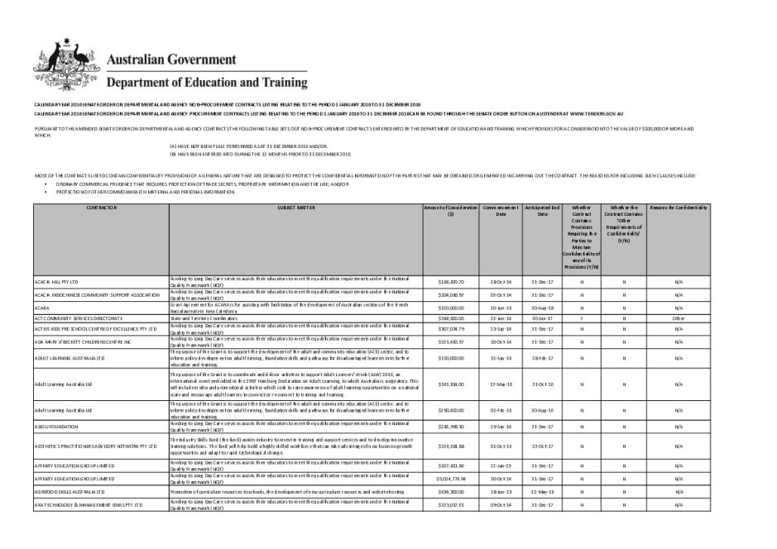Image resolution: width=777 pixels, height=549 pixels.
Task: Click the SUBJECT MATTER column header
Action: click(295, 207)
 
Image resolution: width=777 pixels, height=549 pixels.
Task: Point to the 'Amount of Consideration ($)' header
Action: click(451, 210)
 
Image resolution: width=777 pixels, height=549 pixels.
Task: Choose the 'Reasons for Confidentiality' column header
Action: click(679, 207)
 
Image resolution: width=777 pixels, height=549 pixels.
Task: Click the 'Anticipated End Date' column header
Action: click(542, 210)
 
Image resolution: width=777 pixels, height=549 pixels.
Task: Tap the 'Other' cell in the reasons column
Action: click(679, 317)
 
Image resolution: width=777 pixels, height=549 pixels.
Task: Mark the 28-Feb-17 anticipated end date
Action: click(542, 358)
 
